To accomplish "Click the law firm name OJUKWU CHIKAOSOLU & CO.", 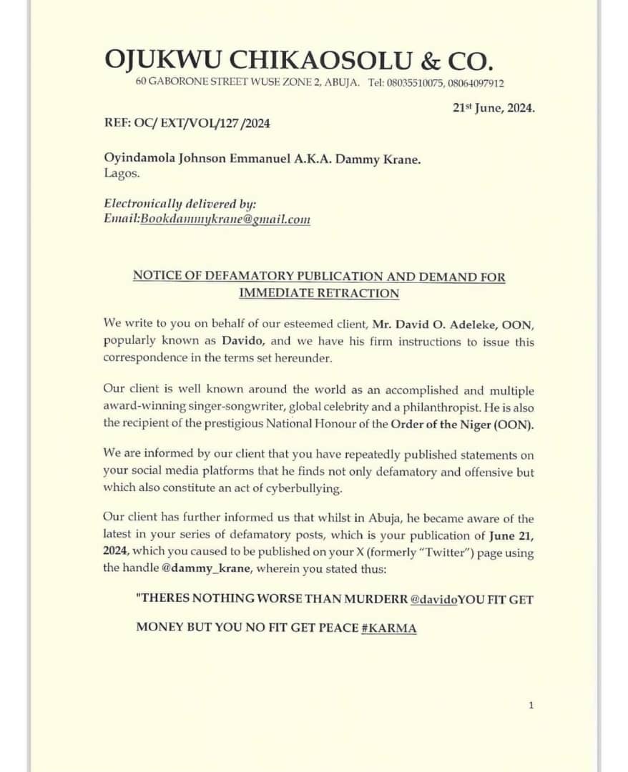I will coord(299,59).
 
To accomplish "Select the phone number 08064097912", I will coord(476,84).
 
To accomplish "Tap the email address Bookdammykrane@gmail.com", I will coord(225,219).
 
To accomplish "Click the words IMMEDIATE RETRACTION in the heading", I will coord(319,293).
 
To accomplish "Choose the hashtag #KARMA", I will coord(390,628).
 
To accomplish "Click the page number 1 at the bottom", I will coord(531,706).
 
